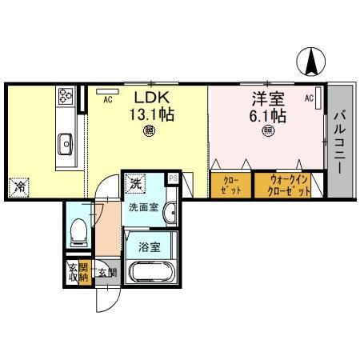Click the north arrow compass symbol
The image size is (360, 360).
point(313,61)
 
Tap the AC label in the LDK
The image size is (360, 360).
point(106,100)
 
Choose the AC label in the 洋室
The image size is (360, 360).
point(309,98)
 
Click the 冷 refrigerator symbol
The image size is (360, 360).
point(18,187)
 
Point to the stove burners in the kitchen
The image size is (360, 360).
point(66,99)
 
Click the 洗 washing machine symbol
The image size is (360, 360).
point(134,183)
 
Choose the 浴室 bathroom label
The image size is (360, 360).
point(148,246)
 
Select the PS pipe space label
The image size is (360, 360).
point(172,178)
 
